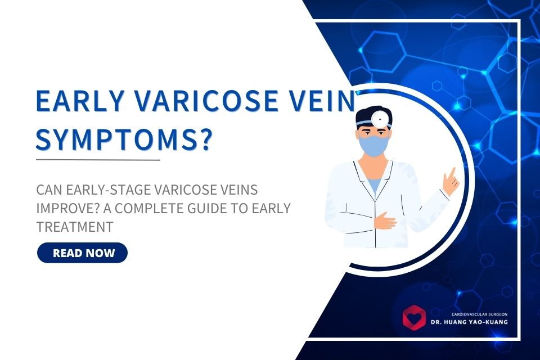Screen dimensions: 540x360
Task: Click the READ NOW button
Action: tap(82, 253)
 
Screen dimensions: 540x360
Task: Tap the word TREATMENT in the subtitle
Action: tap(75, 227)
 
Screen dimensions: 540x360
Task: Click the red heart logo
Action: tap(415, 318)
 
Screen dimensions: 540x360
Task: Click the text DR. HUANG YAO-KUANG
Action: tap(469, 322)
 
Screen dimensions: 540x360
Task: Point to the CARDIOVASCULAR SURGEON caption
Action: tap(480, 314)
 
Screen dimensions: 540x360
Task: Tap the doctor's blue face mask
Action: tap(373, 145)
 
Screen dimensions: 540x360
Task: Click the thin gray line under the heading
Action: tap(98, 160)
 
